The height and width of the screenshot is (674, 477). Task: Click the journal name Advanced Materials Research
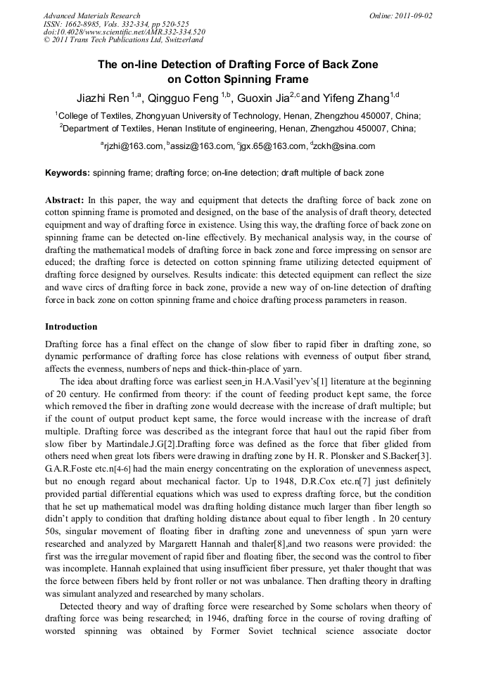pyautogui.click(x=91, y=15)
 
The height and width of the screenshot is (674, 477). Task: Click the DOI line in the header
pyautogui.click(x=124, y=32)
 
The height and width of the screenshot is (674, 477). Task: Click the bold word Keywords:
pyautogui.click(x=68, y=173)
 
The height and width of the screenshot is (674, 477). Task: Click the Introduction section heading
pyautogui.click(x=71, y=327)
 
